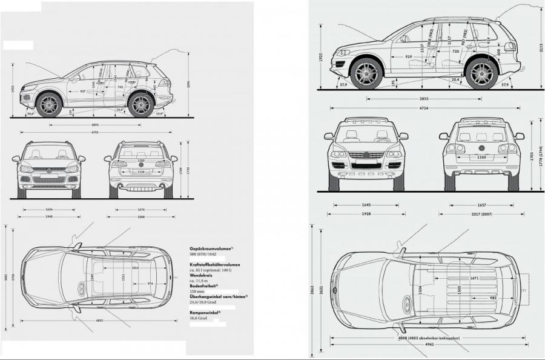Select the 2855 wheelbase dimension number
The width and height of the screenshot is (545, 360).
[x=424, y=98]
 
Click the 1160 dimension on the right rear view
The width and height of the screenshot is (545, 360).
[x=481, y=157]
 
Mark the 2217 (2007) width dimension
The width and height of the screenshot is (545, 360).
[x=482, y=214]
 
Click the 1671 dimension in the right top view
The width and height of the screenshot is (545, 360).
[x=474, y=278]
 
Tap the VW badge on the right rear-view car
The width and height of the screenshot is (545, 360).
[x=481, y=148]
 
